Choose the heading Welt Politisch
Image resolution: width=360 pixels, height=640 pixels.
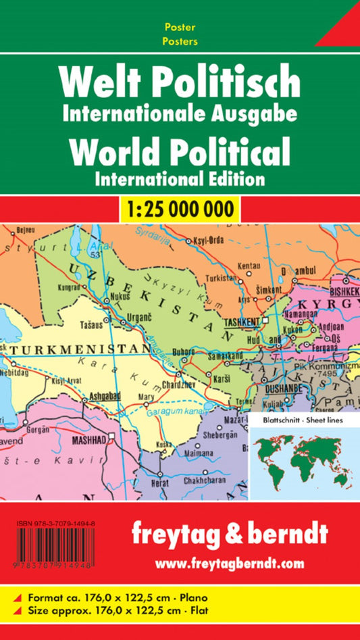[x=179, y=82]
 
